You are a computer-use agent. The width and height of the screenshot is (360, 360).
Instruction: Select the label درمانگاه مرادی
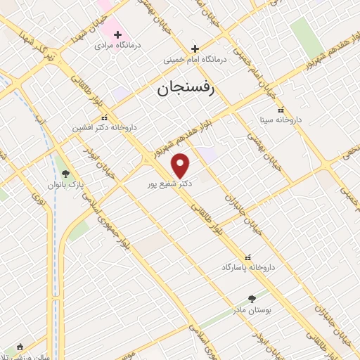tap(118, 46)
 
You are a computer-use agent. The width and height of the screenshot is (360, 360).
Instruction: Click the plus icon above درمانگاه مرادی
tap(118, 34)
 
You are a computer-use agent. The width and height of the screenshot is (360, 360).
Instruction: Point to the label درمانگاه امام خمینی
tap(196, 60)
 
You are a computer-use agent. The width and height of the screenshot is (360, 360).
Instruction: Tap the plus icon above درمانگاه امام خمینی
tap(196, 49)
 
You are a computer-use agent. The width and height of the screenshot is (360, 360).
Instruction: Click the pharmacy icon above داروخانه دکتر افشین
tap(104, 117)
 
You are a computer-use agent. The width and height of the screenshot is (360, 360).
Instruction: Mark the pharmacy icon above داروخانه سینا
tap(281, 110)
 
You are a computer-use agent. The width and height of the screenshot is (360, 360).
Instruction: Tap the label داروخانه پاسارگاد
tap(247, 268)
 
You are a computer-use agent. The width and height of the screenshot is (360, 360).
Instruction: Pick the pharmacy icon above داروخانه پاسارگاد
tap(247, 257)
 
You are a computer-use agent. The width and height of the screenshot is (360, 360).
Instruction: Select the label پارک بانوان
tap(65, 185)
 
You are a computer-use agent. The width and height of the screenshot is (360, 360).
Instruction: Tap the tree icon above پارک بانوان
tap(66, 173)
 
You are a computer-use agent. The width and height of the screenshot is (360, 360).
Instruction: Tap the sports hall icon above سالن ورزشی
tap(19, 347)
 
